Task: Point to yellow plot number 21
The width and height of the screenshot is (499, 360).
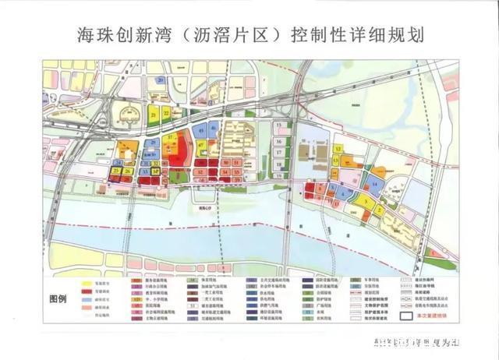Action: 154,115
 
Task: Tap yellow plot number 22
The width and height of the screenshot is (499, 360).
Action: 166,115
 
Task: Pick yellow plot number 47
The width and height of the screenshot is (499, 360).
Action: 201,146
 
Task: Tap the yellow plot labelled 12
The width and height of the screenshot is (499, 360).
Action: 337,148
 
